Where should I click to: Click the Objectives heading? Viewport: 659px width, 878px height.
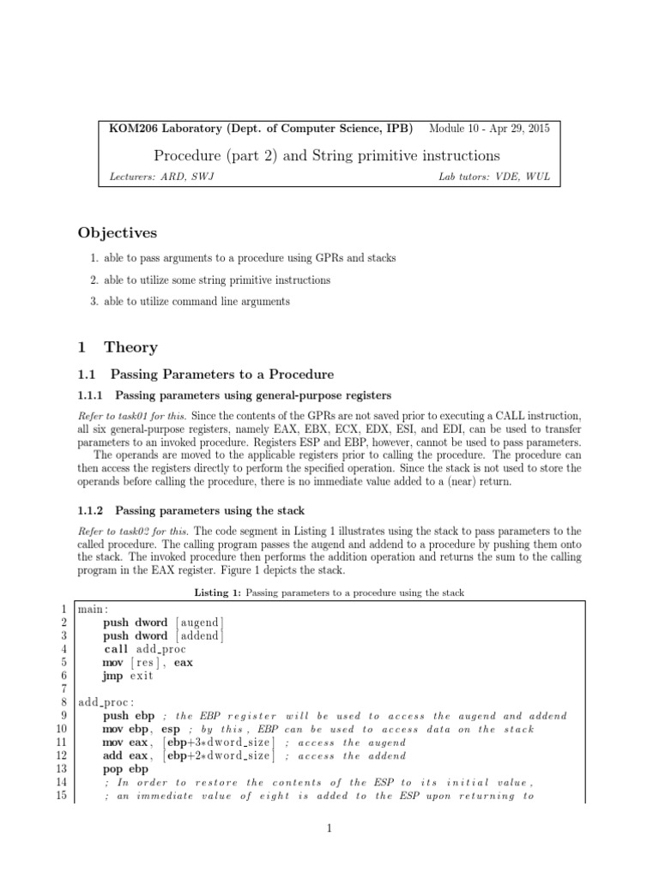click(117, 232)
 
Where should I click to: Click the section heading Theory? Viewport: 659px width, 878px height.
click(130, 347)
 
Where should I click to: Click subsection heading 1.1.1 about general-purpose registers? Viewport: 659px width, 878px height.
click(234, 394)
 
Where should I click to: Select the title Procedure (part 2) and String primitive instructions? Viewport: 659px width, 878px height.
click(327, 155)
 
